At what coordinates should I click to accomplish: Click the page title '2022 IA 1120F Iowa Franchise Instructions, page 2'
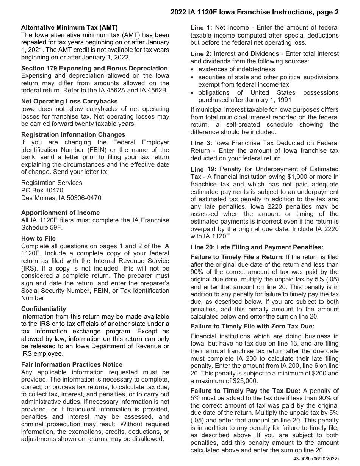[254, 12]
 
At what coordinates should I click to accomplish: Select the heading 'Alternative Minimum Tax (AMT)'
[69, 27]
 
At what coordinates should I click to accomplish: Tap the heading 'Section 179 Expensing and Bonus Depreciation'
[94, 68]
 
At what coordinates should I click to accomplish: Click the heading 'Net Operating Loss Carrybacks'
[69, 101]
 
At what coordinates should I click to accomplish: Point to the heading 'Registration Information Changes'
[73, 134]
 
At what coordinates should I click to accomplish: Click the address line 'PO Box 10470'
[42, 190]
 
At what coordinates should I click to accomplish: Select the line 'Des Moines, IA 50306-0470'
[61, 198]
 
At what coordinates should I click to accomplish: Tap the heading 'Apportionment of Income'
[60, 213]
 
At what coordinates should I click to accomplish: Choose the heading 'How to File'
[38, 238]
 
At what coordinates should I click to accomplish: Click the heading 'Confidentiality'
[44, 309]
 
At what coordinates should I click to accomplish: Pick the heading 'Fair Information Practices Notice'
[72, 364]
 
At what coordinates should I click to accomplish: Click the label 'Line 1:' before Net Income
[201, 28]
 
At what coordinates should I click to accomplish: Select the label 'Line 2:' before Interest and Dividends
[201, 54]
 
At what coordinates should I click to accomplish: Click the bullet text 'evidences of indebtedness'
[236, 69]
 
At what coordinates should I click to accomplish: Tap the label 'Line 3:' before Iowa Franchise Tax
[201, 143]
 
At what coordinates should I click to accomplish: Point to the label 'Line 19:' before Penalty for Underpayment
[203, 169]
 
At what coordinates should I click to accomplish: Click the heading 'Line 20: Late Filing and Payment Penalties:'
[257, 247]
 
